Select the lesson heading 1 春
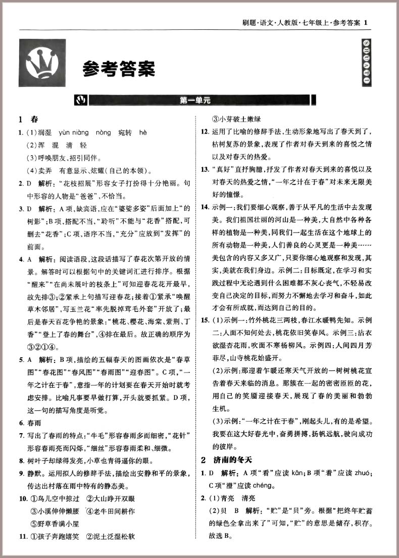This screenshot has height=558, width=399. (28, 120)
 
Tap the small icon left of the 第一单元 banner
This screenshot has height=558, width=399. (80, 100)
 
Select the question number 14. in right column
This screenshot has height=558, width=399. (205, 207)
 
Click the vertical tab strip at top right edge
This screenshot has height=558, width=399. (366, 62)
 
